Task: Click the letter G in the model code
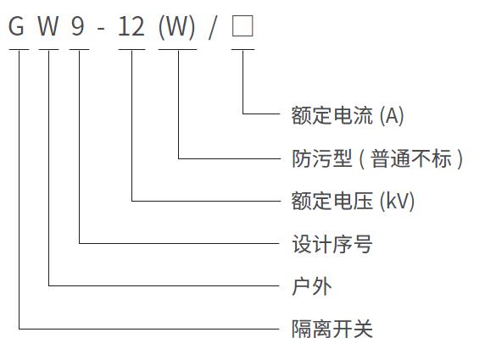[x=16, y=26]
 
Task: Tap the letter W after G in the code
[x=48, y=26]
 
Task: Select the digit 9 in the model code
[x=77, y=26]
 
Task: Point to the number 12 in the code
[x=131, y=26]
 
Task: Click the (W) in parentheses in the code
[x=177, y=27]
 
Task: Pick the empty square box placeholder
[x=242, y=26]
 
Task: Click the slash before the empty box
[x=212, y=27]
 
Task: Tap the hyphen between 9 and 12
[x=101, y=30]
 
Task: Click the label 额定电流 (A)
[x=348, y=115]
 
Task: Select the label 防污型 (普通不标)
[x=377, y=158]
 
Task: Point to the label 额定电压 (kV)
[x=353, y=201]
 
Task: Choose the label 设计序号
[x=332, y=244]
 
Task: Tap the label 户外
[x=311, y=286]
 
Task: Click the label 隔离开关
[x=332, y=329]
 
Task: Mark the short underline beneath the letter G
[x=19, y=49]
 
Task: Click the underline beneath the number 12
[x=131, y=49]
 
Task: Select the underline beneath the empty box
[x=243, y=49]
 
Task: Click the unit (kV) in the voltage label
[x=397, y=202]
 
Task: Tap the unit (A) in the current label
[x=392, y=116]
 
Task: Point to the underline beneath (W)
[x=177, y=49]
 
